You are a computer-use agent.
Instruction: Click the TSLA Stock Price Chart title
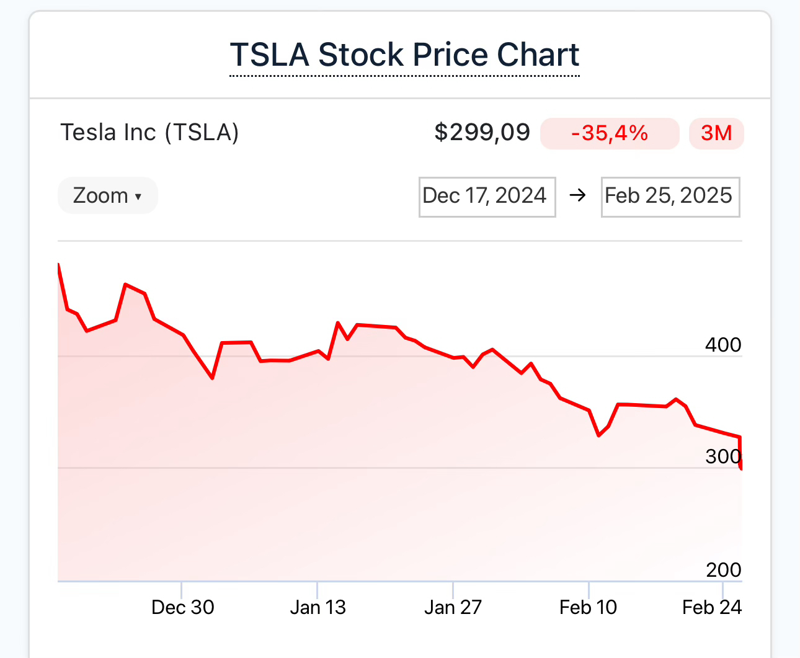[x=404, y=55]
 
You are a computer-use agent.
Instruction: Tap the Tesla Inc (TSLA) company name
[x=149, y=133]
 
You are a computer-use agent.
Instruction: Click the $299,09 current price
[x=482, y=133]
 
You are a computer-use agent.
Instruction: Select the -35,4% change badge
[x=610, y=133]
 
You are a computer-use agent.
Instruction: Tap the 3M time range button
[x=716, y=133]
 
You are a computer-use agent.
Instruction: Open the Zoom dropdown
[x=107, y=196]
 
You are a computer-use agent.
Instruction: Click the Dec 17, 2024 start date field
[x=487, y=197]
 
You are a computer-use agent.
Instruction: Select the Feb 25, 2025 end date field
[x=670, y=197]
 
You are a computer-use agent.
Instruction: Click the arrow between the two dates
[x=578, y=196]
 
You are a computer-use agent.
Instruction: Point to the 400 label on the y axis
[x=723, y=345]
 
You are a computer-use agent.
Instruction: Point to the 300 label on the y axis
[x=723, y=456]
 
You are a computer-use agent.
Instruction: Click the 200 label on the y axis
[x=723, y=569]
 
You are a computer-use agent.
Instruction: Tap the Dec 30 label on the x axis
[x=183, y=607]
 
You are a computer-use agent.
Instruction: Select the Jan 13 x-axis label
[x=318, y=607]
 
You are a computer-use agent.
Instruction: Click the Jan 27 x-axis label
[x=453, y=607]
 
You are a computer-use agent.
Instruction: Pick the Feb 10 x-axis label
[x=589, y=607]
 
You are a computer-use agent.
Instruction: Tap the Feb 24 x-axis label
[x=712, y=607]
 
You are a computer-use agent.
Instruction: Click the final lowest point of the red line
[x=741, y=468]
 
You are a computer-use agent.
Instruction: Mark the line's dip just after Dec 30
[x=213, y=378]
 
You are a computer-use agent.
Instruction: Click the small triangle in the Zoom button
[x=138, y=197]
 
